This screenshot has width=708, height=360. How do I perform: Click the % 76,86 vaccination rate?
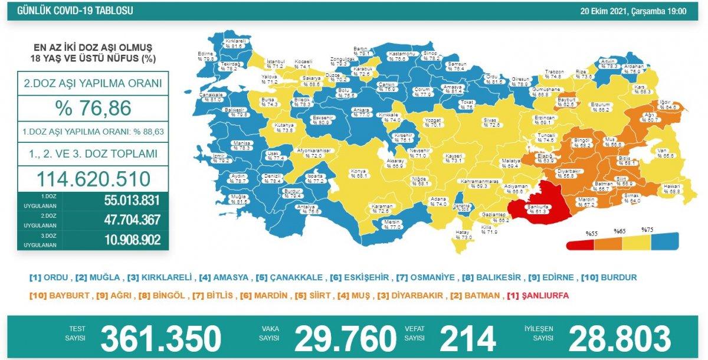tap(93, 109)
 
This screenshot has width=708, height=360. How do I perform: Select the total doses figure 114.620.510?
tap(93, 178)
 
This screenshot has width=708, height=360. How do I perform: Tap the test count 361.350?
tap(160, 338)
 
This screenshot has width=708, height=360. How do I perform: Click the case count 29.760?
tap(345, 338)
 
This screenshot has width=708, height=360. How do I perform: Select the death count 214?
tap(467, 338)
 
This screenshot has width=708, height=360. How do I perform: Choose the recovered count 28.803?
tap(619, 338)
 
